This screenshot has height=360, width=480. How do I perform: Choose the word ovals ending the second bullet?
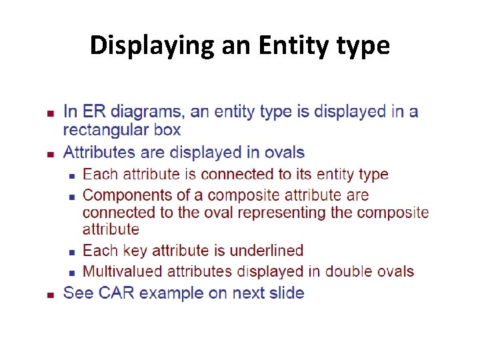click(283, 152)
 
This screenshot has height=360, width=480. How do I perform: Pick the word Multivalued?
click(122, 271)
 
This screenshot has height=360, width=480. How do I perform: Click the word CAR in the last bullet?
click(117, 293)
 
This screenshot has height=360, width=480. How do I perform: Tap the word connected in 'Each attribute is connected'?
click(233, 175)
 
